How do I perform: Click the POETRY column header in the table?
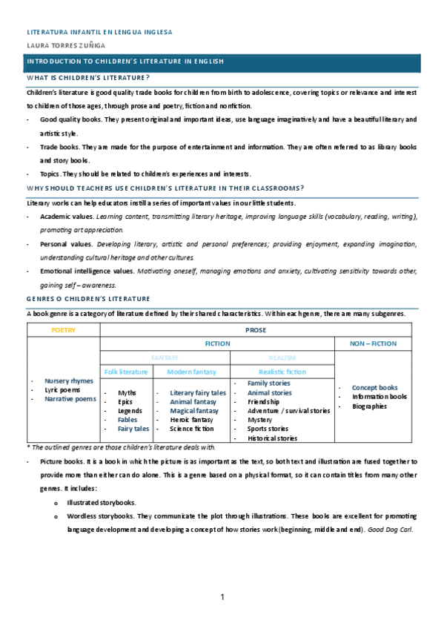point(63,330)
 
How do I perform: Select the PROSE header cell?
point(256,330)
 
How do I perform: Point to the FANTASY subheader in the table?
point(165,357)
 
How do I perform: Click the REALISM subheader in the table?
point(282,357)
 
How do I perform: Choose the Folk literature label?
point(126,371)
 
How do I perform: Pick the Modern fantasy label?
point(191,371)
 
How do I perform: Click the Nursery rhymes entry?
point(69,381)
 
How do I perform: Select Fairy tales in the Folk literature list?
point(133,428)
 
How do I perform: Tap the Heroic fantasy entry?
point(191,419)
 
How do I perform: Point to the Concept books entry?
point(374,387)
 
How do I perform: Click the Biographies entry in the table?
point(369,406)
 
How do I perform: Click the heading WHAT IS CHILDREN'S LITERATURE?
point(88,77)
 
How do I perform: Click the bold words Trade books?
point(60,147)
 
